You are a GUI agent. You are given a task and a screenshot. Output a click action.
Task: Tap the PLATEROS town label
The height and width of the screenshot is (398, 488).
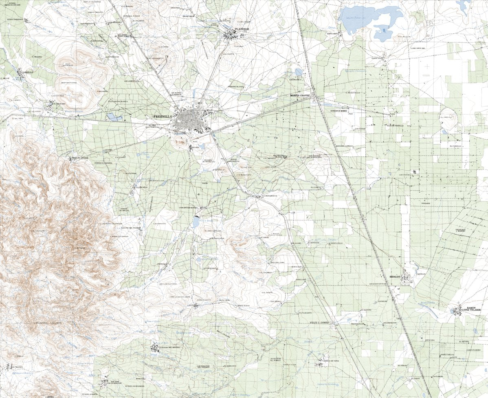(242, 29)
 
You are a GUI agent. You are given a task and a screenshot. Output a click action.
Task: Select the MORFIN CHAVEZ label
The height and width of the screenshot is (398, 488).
(300, 95)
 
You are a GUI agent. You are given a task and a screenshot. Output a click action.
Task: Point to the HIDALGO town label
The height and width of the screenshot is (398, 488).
(395, 277)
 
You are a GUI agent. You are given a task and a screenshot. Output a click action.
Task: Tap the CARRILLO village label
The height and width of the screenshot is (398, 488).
(27, 72)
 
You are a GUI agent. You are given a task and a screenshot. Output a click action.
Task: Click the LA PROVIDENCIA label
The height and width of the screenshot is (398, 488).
(269, 196)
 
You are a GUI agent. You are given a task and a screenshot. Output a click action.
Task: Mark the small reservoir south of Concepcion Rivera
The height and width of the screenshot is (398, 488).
(196, 222)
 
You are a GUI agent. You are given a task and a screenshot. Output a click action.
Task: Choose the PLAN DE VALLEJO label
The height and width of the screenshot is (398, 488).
(395, 126)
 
